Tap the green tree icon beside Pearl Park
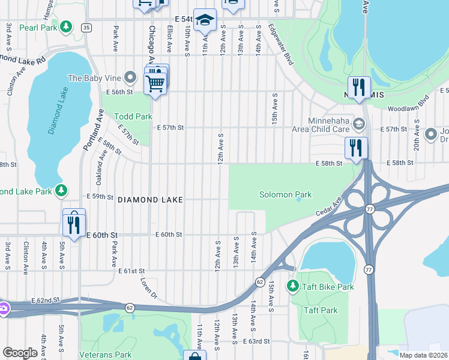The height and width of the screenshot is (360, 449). (66, 27)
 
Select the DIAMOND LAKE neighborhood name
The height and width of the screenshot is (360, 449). (149, 199)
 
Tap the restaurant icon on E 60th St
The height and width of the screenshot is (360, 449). (74, 225)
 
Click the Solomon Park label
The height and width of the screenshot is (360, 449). (285, 194)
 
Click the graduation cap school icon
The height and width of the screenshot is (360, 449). (204, 21)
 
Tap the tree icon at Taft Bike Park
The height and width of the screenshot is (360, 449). (293, 286)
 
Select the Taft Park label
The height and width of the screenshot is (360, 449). (321, 310)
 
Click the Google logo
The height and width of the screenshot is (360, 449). (20, 353)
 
